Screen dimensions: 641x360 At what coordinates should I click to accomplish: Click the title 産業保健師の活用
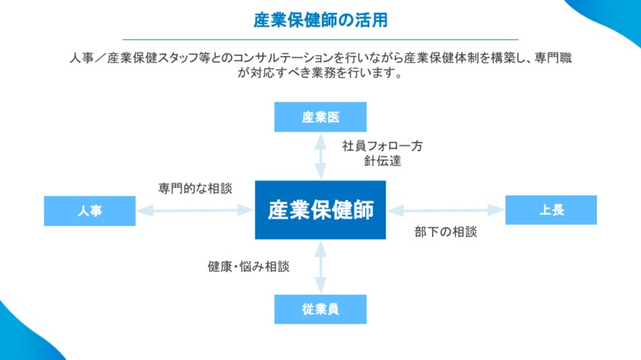tap(320, 20)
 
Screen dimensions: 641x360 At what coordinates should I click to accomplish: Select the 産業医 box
tap(320, 117)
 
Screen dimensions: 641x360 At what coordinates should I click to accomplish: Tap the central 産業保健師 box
tap(320, 210)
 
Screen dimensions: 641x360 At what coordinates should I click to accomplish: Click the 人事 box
tap(89, 211)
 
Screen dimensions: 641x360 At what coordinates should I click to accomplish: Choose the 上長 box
tap(551, 210)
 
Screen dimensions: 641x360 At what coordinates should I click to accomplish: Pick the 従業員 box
tap(320, 309)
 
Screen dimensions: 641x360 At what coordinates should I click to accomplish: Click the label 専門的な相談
tap(195, 188)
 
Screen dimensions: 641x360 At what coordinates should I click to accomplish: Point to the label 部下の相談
tap(446, 232)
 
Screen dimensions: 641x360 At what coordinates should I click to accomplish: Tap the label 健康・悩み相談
tap(249, 267)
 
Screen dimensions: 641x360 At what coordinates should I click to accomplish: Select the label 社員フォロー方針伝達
tap(382, 153)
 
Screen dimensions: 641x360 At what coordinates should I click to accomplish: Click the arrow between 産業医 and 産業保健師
tap(320, 156)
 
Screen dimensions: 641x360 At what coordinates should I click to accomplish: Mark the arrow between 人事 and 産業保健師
tap(195, 211)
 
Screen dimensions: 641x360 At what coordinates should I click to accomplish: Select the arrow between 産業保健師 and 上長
tap(446, 210)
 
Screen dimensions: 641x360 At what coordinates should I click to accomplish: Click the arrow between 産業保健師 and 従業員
tap(320, 267)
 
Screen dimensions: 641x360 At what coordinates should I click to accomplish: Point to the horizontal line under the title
tap(320, 39)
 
